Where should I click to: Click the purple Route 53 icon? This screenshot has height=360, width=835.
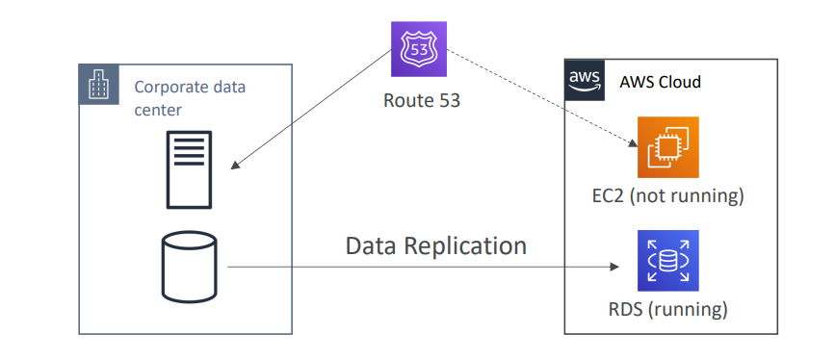point(419,49)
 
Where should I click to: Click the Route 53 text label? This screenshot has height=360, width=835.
point(421,101)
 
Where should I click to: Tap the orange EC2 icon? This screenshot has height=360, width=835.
point(667,147)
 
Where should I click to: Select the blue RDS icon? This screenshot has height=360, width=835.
point(667,261)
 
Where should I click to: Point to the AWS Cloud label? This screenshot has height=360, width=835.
point(661,82)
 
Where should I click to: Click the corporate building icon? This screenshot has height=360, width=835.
point(99,84)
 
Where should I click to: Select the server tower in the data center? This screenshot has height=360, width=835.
point(189,169)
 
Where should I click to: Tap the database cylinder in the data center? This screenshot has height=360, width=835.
point(189,268)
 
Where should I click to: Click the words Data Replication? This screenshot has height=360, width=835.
point(436,246)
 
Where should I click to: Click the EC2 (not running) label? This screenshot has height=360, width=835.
point(667,196)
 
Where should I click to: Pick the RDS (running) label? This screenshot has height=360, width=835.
point(667,309)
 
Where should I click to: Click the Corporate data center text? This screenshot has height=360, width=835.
point(190,98)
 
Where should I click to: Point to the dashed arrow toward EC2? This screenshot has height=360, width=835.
point(541,98)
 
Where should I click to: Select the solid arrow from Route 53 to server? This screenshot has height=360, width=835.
point(311,110)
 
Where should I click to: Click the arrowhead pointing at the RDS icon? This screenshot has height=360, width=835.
point(615,267)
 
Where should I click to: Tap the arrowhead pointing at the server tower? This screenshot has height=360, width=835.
point(235,166)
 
